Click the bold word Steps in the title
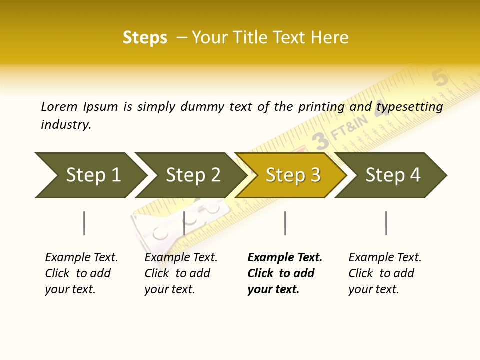tap(145, 38)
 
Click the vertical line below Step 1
tap(84, 223)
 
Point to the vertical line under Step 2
tap(184, 223)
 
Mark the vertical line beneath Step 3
tap(285, 223)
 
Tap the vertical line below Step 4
tap(386, 223)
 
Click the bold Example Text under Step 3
tap(285, 273)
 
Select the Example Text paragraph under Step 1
tap(81, 273)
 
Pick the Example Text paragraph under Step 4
tap(385, 273)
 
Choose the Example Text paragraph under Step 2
tap(181, 273)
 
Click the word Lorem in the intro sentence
tap(59, 107)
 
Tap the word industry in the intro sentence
tap(66, 125)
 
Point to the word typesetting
tap(410, 107)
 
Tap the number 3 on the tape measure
tap(320, 141)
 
